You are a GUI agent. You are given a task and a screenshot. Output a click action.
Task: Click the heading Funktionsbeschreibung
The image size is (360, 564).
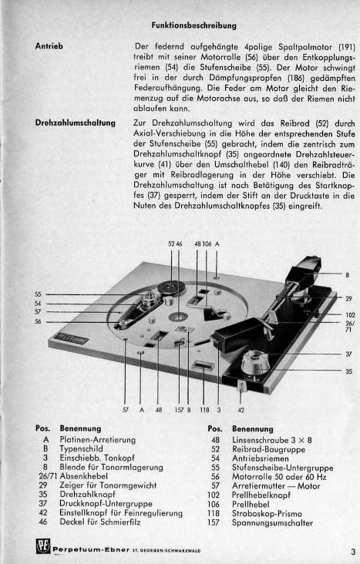coord(193,25)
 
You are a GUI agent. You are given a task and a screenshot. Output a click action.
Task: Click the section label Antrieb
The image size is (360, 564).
coord(49,46)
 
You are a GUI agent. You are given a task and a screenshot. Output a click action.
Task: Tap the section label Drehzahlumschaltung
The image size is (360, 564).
coord(76,123)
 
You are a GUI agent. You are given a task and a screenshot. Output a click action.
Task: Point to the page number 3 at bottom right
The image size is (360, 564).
coord(353,552)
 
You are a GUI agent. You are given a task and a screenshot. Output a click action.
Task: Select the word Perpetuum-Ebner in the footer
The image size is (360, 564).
coord(91,549)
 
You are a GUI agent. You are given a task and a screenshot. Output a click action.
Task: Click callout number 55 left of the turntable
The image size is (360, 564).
coord(39,294)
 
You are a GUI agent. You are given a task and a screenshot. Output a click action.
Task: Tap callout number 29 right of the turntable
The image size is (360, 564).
coord(348,298)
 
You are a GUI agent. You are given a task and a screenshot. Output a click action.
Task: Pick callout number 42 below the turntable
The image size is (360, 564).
coord(241,410)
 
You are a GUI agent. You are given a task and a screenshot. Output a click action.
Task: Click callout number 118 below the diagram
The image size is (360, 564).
coord(204,410)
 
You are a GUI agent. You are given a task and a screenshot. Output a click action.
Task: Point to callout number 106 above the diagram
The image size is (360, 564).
coord(207,243)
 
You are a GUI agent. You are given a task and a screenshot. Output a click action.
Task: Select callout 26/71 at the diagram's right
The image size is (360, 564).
coord(350,326)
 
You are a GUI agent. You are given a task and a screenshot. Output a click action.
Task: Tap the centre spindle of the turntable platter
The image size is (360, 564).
coord(179,317)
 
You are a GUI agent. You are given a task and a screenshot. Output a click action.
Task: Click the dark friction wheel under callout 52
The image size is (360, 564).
coord(171,287)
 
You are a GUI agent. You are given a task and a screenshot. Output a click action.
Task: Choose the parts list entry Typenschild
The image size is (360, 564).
coord(82,449)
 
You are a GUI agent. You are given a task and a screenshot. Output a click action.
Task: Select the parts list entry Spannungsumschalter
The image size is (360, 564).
coord(272,522)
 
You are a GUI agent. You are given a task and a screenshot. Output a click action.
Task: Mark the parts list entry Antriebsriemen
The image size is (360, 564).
coord(261,458)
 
